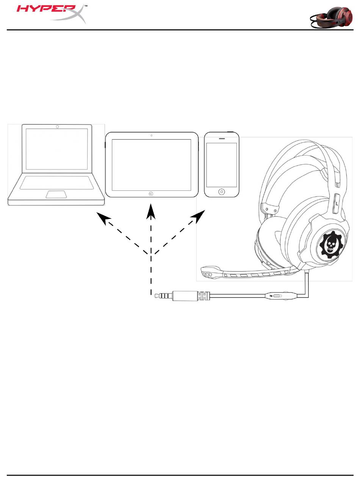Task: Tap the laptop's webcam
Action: tap(57, 126)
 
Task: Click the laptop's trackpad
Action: tap(57, 195)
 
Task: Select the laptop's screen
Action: tap(57, 149)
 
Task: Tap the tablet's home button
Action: tap(151, 193)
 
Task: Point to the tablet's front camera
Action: tap(151, 135)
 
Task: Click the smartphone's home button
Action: tap(222, 192)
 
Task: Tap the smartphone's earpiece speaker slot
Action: tap(222, 138)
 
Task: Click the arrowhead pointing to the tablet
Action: tap(151, 211)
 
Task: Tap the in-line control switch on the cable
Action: tap(277, 296)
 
